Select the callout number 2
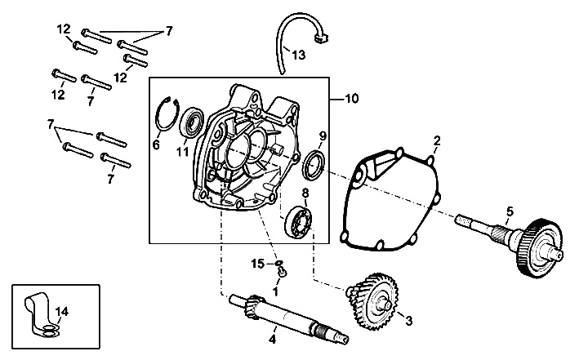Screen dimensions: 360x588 (437, 141)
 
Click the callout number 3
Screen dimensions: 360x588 (409, 320)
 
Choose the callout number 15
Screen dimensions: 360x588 (256, 263)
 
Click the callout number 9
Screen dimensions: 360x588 (323, 136)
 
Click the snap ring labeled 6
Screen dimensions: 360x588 (167, 117)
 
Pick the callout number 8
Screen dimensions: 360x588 (305, 193)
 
